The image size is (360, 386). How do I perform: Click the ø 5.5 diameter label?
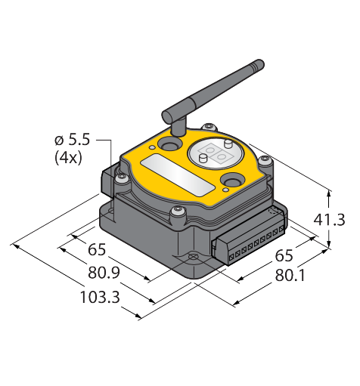point(72,140)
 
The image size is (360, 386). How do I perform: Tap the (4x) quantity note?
point(68,158)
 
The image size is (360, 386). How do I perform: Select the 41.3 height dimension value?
point(329,220)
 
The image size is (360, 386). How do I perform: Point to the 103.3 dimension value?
point(100,297)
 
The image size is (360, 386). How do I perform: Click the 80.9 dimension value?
point(104,273)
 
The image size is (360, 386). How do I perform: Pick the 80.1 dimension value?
point(290,275)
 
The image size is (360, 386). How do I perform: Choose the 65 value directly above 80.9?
point(97,250)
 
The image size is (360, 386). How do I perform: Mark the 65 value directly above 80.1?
point(284,255)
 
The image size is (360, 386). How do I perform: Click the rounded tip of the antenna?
point(260,63)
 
